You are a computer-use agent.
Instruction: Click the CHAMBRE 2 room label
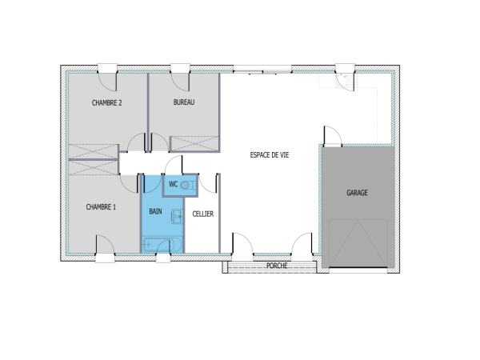click(106, 102)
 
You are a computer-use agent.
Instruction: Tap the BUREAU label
click(184, 102)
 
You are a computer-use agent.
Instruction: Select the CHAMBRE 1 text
click(101, 207)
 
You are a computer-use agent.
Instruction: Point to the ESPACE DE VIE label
click(270, 156)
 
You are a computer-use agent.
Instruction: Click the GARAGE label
click(357, 193)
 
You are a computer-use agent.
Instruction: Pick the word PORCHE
click(277, 265)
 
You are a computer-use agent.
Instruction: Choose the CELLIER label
click(203, 214)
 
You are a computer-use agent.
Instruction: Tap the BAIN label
click(156, 213)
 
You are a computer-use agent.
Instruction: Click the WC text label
click(173, 185)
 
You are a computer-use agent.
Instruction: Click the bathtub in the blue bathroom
click(162, 244)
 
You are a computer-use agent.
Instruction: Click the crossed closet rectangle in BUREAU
click(194, 143)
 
